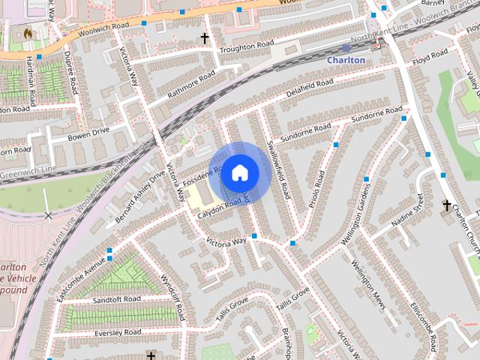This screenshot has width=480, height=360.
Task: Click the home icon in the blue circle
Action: point(239,172)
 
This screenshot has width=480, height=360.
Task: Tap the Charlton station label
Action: point(346,60)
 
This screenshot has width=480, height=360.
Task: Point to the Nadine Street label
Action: point(408,211)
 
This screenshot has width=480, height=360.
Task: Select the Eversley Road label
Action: point(118,331)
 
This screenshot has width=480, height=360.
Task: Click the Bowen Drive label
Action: point(88,133)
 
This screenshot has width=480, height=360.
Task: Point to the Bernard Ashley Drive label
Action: point(139,196)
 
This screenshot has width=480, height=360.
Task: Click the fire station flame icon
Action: point(28,34)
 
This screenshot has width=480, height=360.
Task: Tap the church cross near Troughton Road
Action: point(204,37)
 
